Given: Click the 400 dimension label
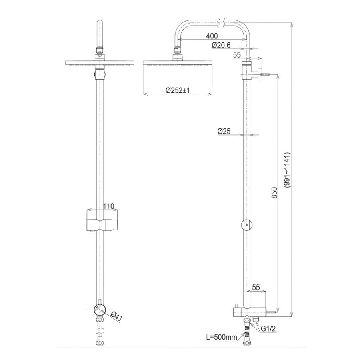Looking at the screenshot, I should (x=212, y=36).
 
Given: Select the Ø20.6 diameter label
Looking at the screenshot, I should (x=221, y=45).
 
